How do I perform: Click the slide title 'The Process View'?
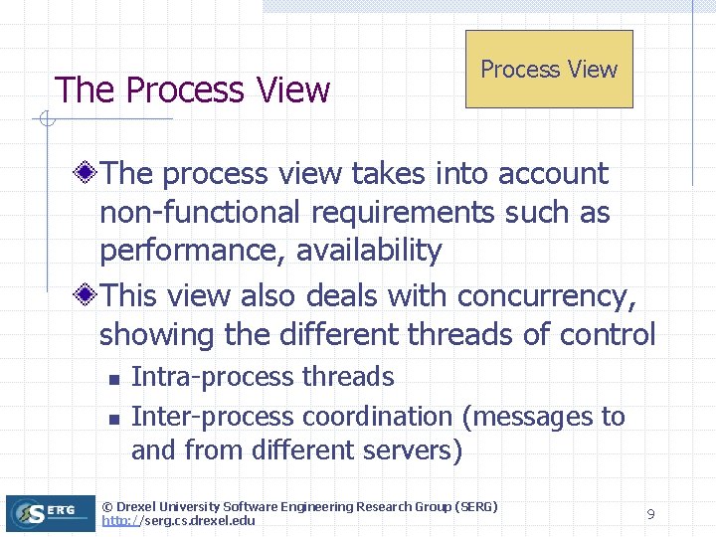(192, 89)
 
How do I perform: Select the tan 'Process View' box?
(549, 69)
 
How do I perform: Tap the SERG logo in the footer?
(48, 511)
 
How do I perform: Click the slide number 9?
(650, 514)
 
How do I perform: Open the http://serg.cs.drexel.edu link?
(178, 521)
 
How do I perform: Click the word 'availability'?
(367, 251)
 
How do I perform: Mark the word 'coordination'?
(377, 416)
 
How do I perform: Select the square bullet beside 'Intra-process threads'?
(113, 379)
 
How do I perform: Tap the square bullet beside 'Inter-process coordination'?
(113, 418)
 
